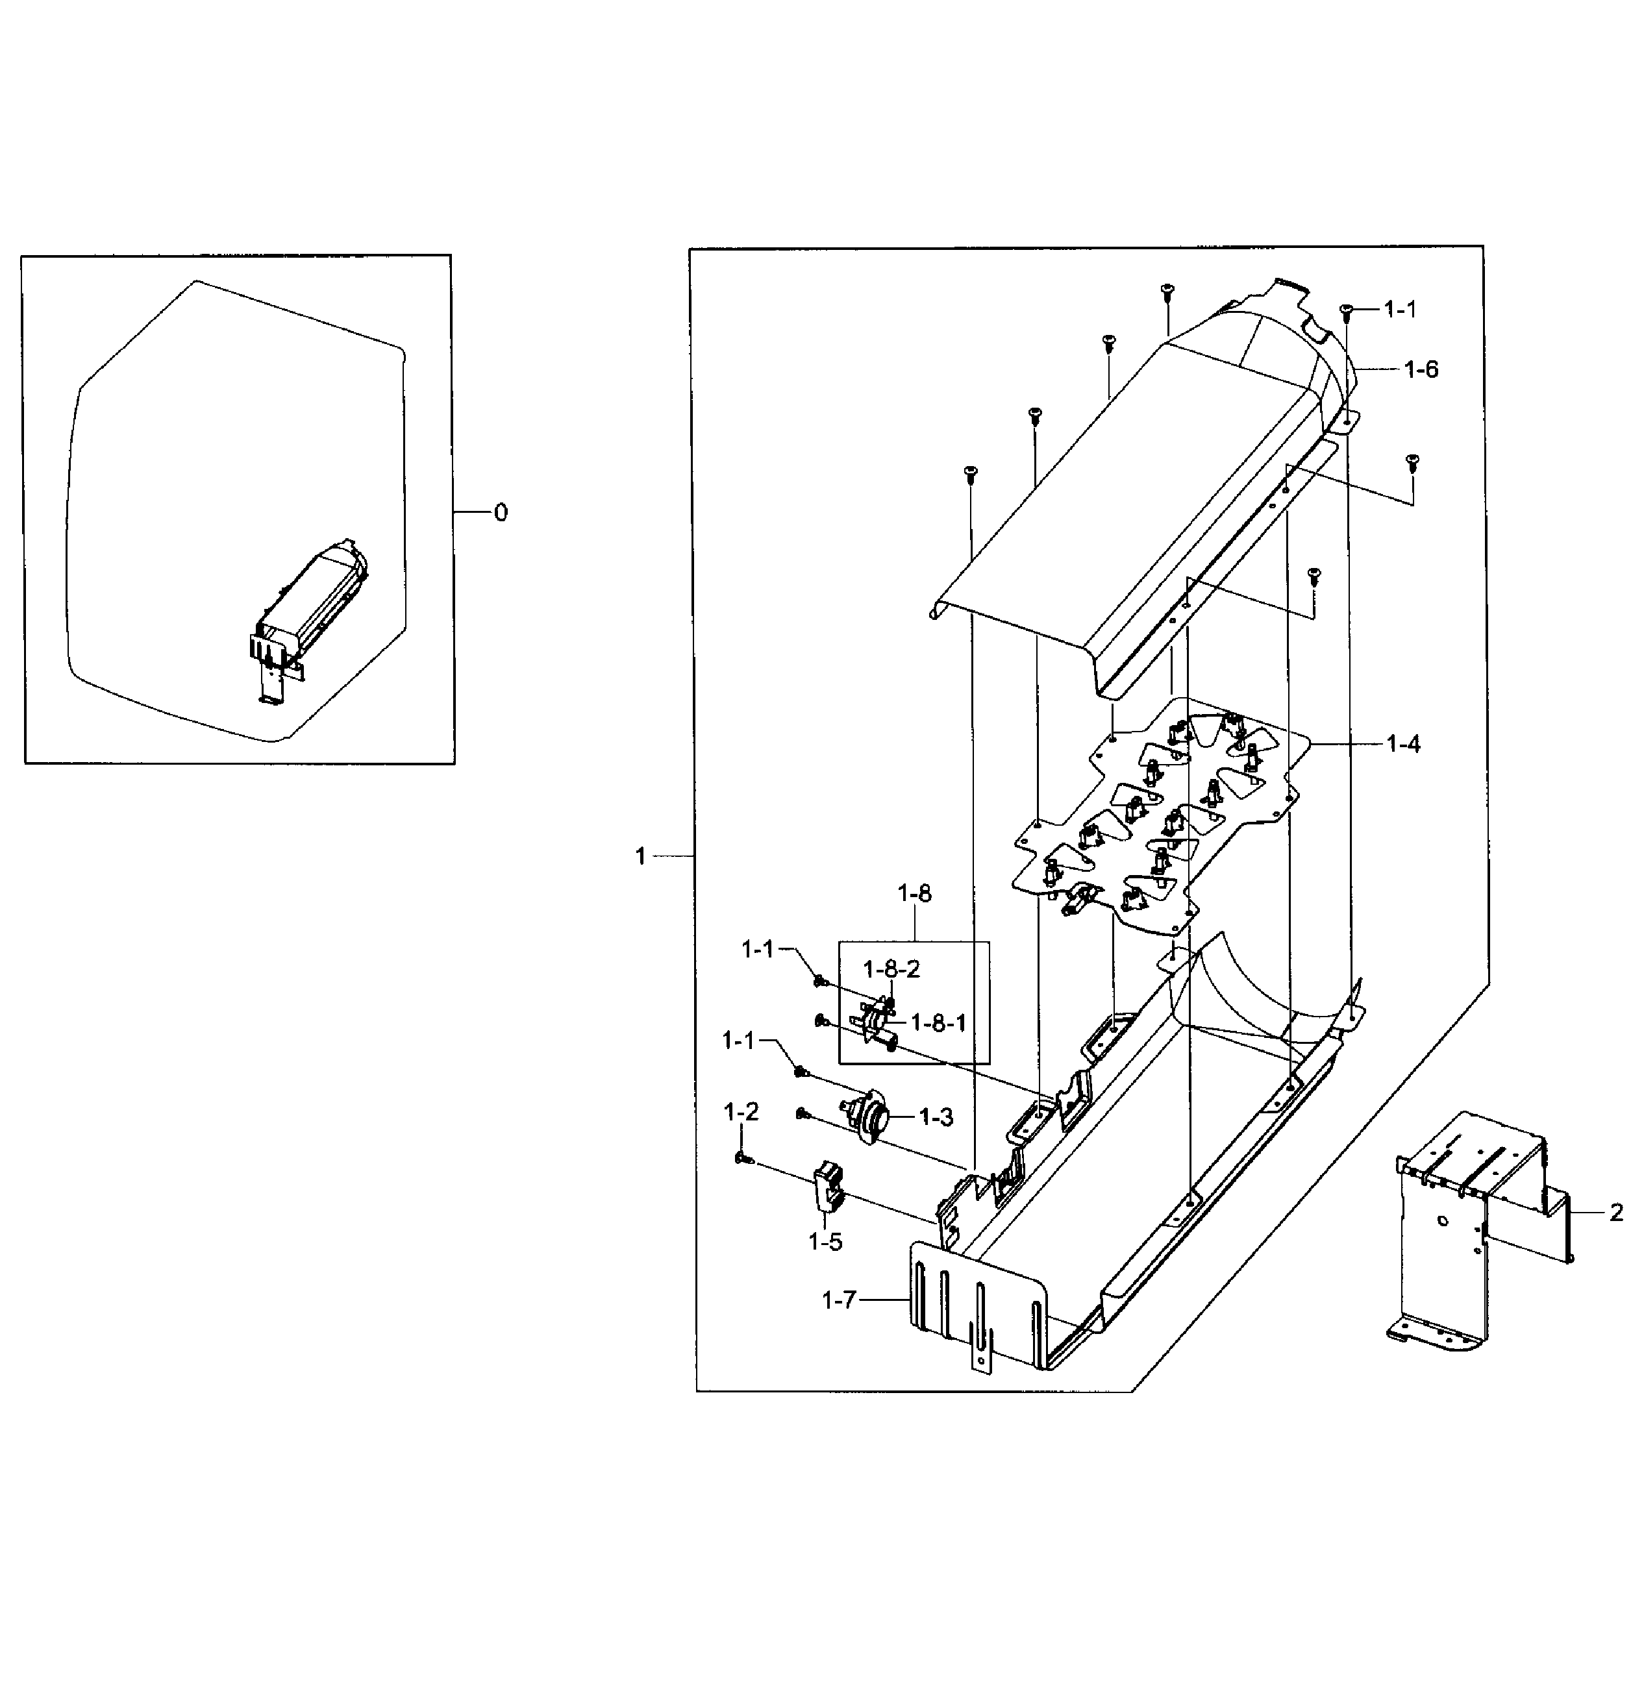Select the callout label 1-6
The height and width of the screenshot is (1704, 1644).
(1421, 369)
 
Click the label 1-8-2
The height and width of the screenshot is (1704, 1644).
(891, 969)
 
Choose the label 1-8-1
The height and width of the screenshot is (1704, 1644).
(938, 1022)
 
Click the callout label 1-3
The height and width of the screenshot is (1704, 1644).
(936, 1117)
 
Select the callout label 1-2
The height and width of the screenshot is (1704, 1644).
(741, 1111)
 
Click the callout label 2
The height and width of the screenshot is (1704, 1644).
(1615, 1212)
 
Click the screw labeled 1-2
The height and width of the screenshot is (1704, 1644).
(741, 1158)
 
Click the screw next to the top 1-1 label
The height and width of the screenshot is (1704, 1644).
(1347, 310)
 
